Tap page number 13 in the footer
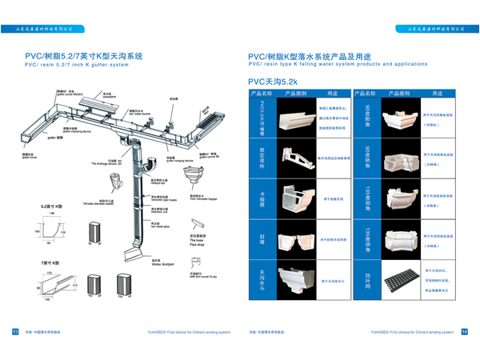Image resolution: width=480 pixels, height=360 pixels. [x=14, y=331]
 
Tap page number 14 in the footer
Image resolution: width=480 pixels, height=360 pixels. [x=465, y=331]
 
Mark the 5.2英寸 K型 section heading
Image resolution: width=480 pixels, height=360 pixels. [x=53, y=206]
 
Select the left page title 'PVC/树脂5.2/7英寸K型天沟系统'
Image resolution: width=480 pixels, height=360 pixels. [x=83, y=57]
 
